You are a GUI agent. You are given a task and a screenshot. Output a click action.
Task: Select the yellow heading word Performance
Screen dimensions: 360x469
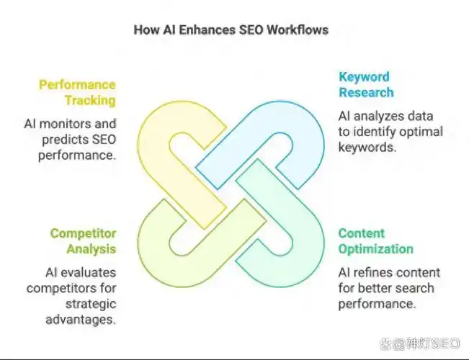tap(77, 84)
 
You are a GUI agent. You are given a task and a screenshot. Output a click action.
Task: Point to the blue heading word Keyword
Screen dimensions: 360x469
tap(364, 76)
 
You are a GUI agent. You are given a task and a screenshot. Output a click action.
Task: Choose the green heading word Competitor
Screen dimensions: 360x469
tap(83, 233)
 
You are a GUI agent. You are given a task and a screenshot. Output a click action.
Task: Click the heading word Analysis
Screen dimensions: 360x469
tap(91, 249)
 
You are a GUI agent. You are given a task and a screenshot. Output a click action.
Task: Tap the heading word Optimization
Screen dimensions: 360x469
tap(376, 249)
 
